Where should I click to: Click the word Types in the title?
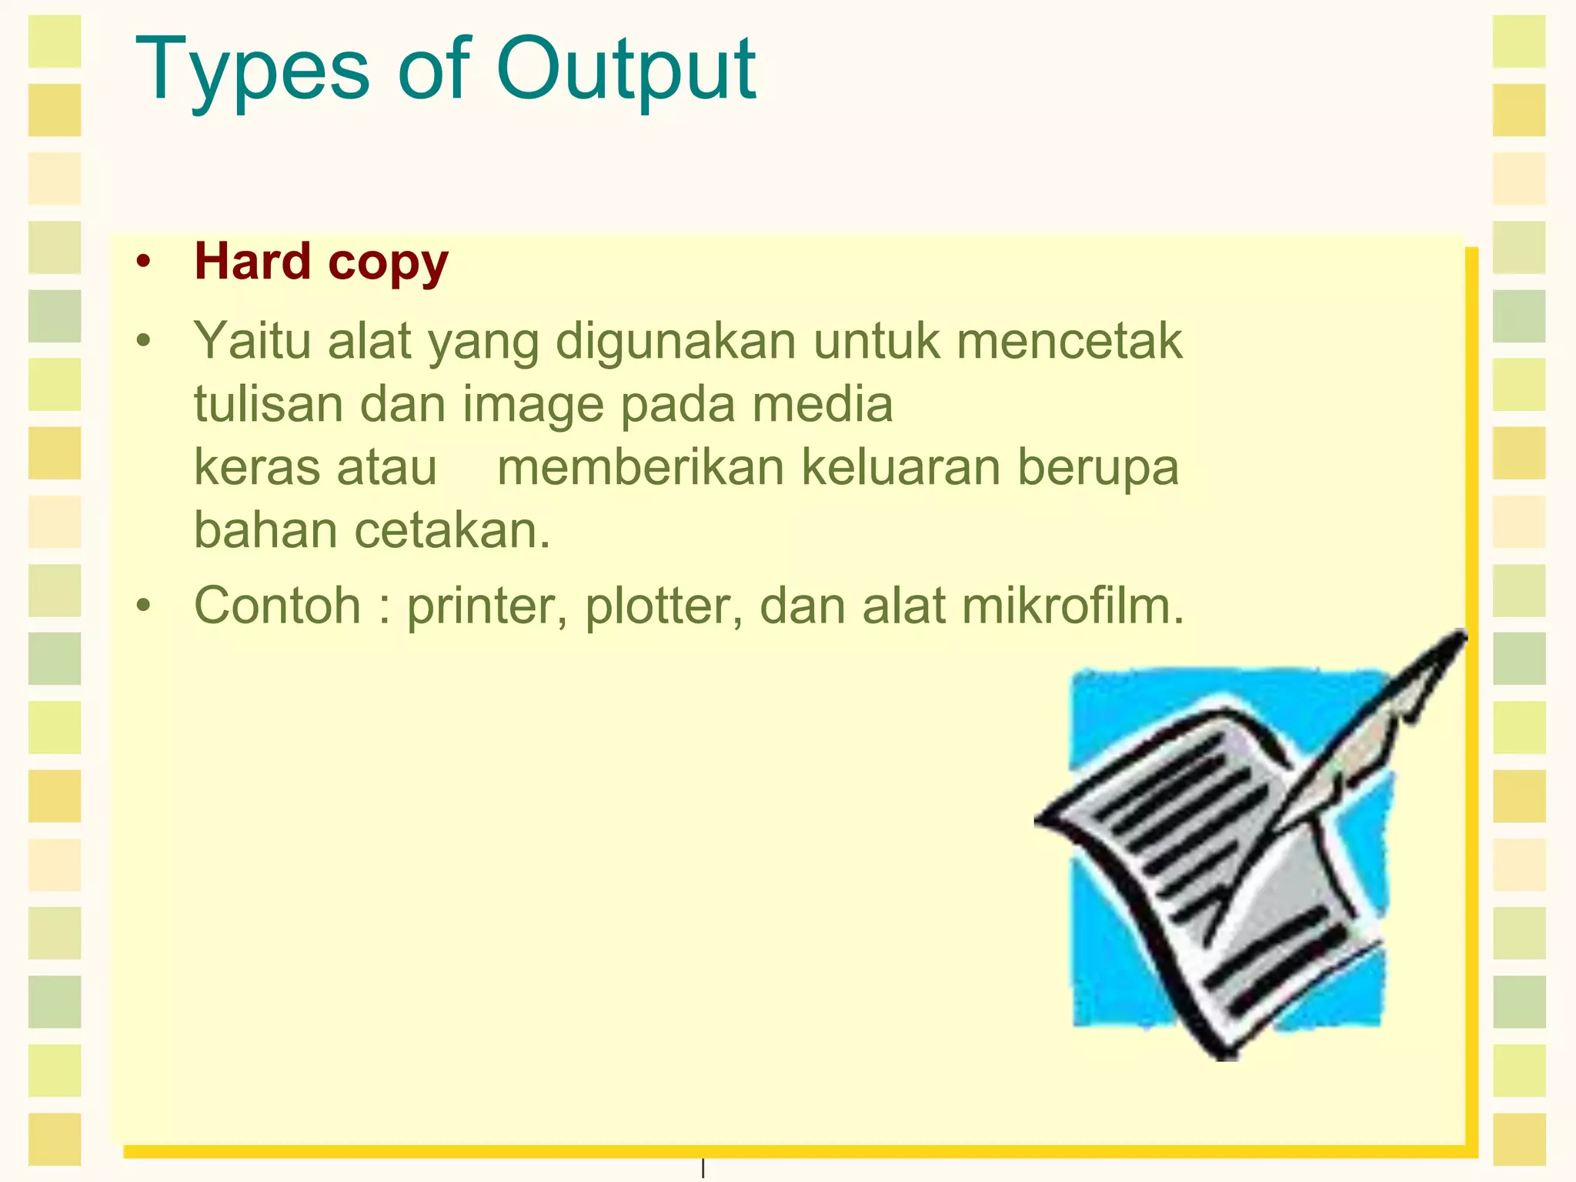252,71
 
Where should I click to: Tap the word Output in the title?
626,71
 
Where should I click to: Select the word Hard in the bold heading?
252,262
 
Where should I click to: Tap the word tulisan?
268,404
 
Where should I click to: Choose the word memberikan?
640,467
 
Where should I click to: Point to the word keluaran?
900,467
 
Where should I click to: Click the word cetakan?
452,531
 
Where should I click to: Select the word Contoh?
277,606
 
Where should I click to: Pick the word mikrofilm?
1073,606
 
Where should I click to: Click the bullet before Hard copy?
143,262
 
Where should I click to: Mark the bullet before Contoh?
143,606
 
